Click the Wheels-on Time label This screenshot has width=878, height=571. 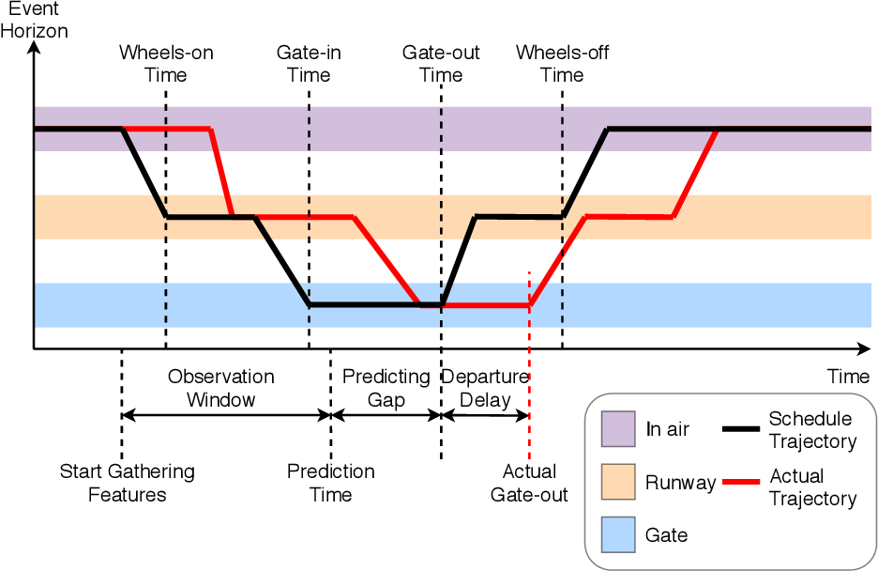point(166,63)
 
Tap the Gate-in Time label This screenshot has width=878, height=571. point(309,63)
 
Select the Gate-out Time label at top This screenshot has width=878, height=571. point(441,63)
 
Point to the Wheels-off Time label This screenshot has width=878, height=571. point(562,63)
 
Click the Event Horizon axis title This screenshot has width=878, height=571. point(34,20)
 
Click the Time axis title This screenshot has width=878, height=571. point(848,376)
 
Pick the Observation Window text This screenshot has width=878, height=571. point(221,388)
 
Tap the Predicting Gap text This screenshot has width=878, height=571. point(386,388)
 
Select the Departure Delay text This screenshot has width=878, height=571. point(486,388)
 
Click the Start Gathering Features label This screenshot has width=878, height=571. point(128,483)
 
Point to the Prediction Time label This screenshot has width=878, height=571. point(331,483)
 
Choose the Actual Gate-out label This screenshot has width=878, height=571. point(529,483)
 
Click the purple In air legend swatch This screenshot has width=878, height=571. point(618,429)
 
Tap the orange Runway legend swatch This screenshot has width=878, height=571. point(618,482)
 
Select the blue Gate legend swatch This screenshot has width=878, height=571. point(618,534)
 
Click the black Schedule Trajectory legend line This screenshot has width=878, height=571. point(741,429)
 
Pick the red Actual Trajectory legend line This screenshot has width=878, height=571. point(741,482)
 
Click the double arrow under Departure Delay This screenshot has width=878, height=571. point(486,416)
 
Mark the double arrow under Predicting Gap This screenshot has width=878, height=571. point(386,416)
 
